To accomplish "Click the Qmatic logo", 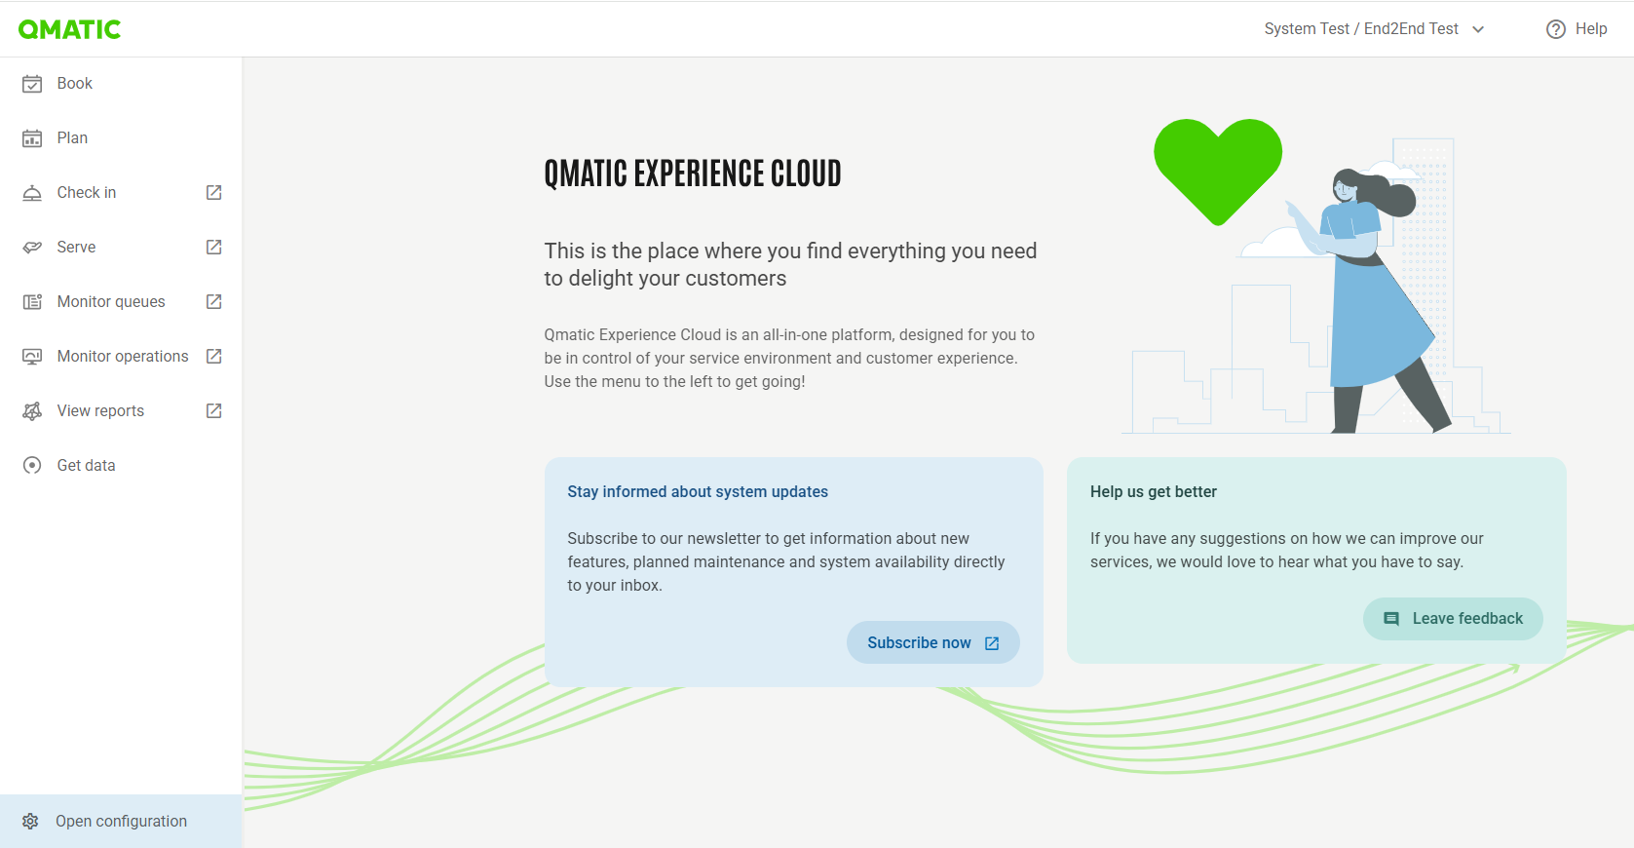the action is click(69, 29).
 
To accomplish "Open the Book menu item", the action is click(74, 83).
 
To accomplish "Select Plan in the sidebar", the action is click(72, 138).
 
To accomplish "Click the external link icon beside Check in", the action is click(213, 192).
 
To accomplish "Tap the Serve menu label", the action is click(76, 247).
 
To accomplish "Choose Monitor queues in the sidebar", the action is click(111, 301).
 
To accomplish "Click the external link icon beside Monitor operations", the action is click(213, 356).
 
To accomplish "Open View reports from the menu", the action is click(100, 411).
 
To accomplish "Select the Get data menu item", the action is click(86, 466).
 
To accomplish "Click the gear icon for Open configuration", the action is click(30, 821).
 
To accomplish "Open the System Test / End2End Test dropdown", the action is click(1374, 29).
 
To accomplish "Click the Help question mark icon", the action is click(1555, 29).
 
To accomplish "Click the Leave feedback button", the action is click(1453, 619).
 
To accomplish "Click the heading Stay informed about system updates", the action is click(698, 492).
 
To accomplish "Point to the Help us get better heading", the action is click(1154, 492).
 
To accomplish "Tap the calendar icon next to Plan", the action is click(31, 138).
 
